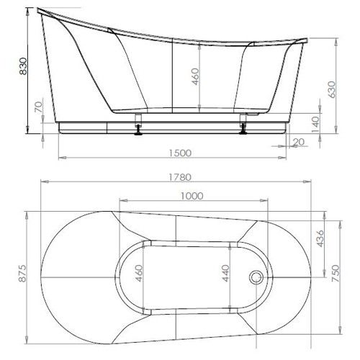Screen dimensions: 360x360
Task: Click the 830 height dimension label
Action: pyautogui.click(x=23, y=66)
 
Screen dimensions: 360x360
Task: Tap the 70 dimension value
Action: pyautogui.click(x=39, y=107)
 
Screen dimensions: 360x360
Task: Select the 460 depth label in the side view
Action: pyautogui.click(x=195, y=76)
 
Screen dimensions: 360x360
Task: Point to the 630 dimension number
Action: pyautogui.click(x=331, y=89)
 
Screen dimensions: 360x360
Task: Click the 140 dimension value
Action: pyautogui.click(x=315, y=125)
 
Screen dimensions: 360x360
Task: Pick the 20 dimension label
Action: pyautogui.click(x=299, y=142)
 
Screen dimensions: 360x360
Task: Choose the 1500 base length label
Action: pyautogui.click(x=180, y=153)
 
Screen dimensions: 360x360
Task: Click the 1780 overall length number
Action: pyautogui.click(x=180, y=177)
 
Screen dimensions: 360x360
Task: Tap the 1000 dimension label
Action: pyautogui.click(x=192, y=196)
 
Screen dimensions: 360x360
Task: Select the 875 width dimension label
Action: pyautogui.click(x=23, y=274)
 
